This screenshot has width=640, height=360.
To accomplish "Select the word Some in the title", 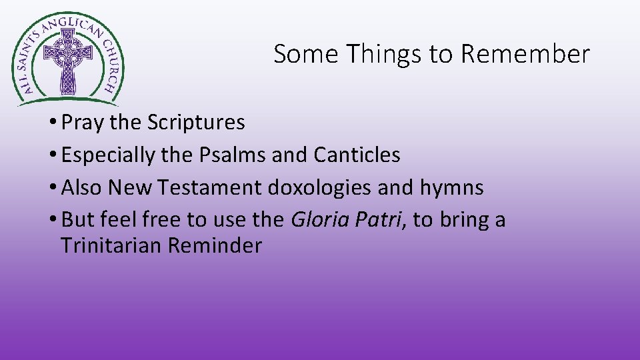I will (x=305, y=54).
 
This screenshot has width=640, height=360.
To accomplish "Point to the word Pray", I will (x=80, y=123).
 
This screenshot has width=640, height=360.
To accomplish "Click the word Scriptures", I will (x=196, y=123).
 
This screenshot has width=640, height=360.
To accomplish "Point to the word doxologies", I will (x=320, y=188).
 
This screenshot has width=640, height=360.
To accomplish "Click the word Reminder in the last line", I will (x=215, y=246).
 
